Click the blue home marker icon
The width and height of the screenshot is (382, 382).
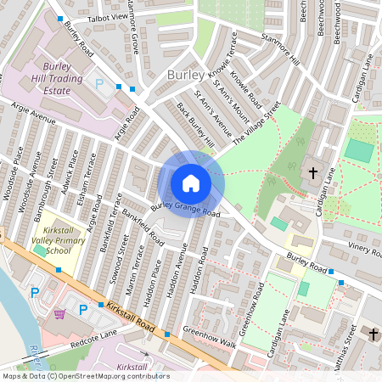tap(191, 183)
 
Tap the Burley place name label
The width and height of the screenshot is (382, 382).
tap(185, 75)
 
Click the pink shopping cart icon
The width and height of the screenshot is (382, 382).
tap(59, 314)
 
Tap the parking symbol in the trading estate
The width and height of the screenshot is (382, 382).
tap(99, 85)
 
